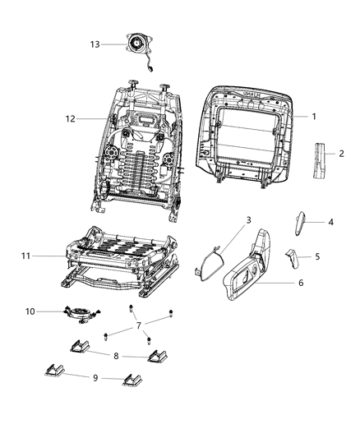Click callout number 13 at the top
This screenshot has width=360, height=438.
(95, 44)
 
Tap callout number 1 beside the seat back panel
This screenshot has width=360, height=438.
(313, 117)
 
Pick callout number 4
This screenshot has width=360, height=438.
(331, 222)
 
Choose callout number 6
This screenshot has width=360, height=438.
(300, 284)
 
